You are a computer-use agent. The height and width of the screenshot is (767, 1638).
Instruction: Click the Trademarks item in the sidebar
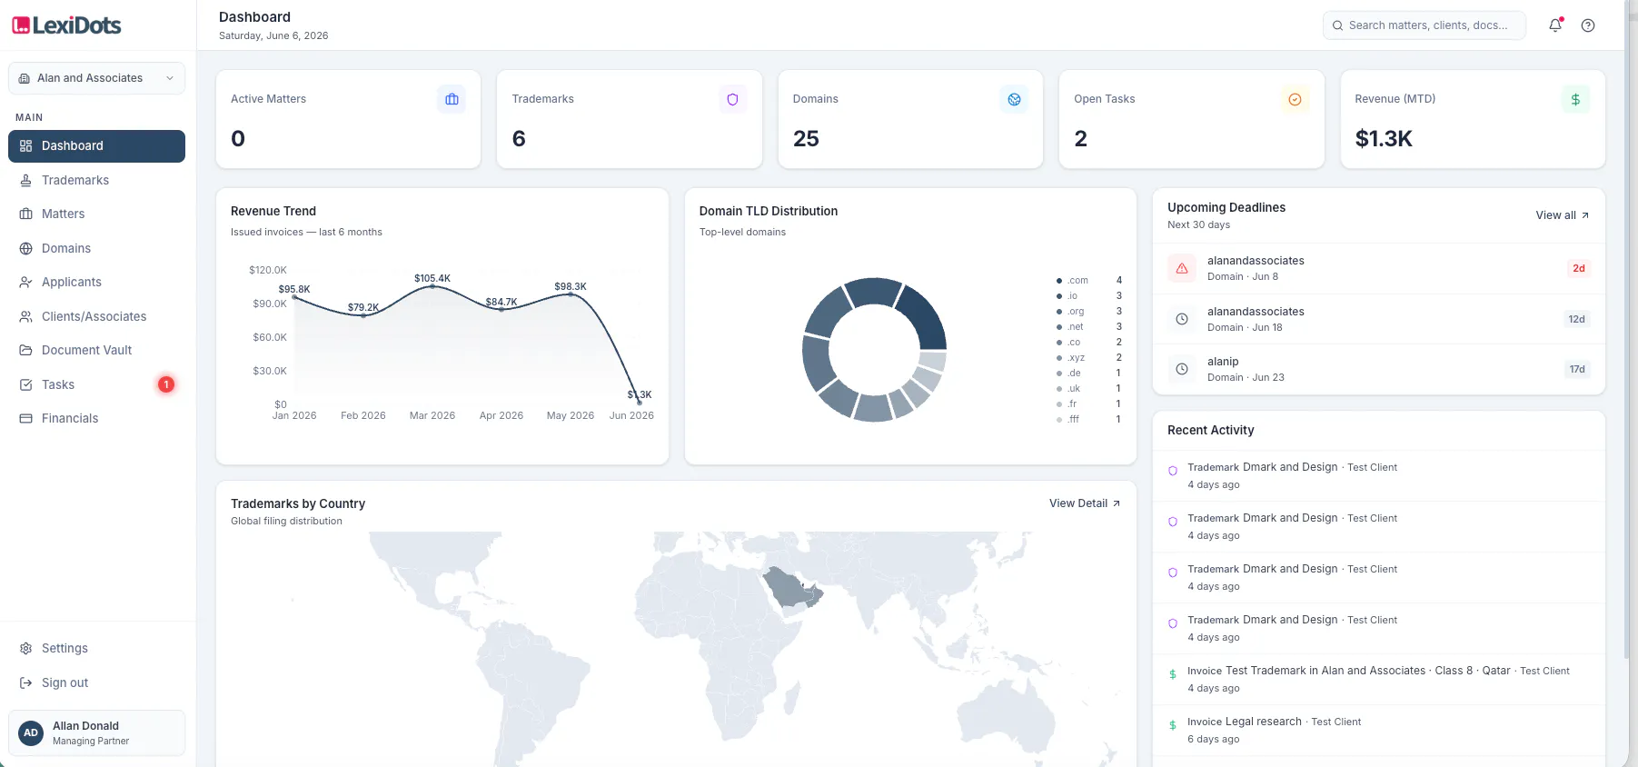(75, 180)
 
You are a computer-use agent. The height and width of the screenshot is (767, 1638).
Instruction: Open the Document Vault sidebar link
(86, 350)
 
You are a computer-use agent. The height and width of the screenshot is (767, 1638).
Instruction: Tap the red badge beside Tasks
(166, 384)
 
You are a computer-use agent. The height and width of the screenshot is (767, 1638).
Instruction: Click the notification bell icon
(1555, 25)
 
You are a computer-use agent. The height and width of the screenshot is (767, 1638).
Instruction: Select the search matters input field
(1424, 25)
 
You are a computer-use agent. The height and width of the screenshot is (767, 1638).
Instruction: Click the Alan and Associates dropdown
(96, 78)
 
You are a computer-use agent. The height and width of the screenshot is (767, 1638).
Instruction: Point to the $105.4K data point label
(432, 278)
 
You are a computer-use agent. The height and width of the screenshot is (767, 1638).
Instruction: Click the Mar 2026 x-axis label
(432, 415)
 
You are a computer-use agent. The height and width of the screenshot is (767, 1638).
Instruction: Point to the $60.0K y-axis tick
(270, 337)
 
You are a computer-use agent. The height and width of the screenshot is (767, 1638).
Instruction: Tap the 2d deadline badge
(1579, 268)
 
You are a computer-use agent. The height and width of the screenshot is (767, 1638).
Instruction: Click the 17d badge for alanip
(1577, 369)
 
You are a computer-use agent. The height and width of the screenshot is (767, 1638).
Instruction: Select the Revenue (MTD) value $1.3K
(1384, 138)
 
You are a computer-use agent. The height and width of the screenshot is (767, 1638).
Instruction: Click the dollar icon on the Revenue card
(1575, 99)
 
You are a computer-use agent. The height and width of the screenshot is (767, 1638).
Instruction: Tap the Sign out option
(65, 682)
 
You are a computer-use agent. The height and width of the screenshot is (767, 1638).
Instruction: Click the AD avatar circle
(31, 732)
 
